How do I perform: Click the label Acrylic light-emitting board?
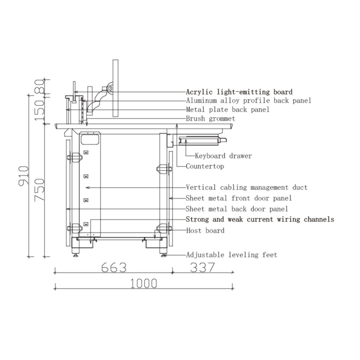coord(239,92)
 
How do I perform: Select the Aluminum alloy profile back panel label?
coord(248,101)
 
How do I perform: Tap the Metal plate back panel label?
coord(228,110)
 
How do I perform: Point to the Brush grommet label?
coord(210,119)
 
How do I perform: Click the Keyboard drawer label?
coord(223,156)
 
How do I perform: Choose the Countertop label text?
coord(205,166)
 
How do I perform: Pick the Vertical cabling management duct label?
coord(246,187)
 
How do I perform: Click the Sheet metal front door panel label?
coord(239,198)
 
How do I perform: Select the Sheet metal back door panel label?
coord(237,209)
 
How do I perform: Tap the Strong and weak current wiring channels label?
coord(260,219)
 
